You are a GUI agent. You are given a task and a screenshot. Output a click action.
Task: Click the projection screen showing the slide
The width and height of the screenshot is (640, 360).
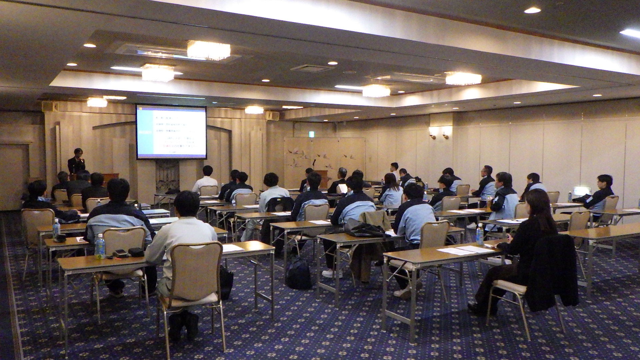pos(171,132)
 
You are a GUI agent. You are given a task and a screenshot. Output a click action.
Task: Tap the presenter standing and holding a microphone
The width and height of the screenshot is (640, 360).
pos(77,162)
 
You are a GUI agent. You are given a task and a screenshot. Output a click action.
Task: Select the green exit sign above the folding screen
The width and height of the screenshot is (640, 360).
pos(311,134)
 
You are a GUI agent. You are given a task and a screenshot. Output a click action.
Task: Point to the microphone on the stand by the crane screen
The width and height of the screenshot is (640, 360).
pos(313,163)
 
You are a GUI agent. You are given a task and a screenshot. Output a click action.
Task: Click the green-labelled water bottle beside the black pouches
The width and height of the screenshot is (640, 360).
pos(99,246)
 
